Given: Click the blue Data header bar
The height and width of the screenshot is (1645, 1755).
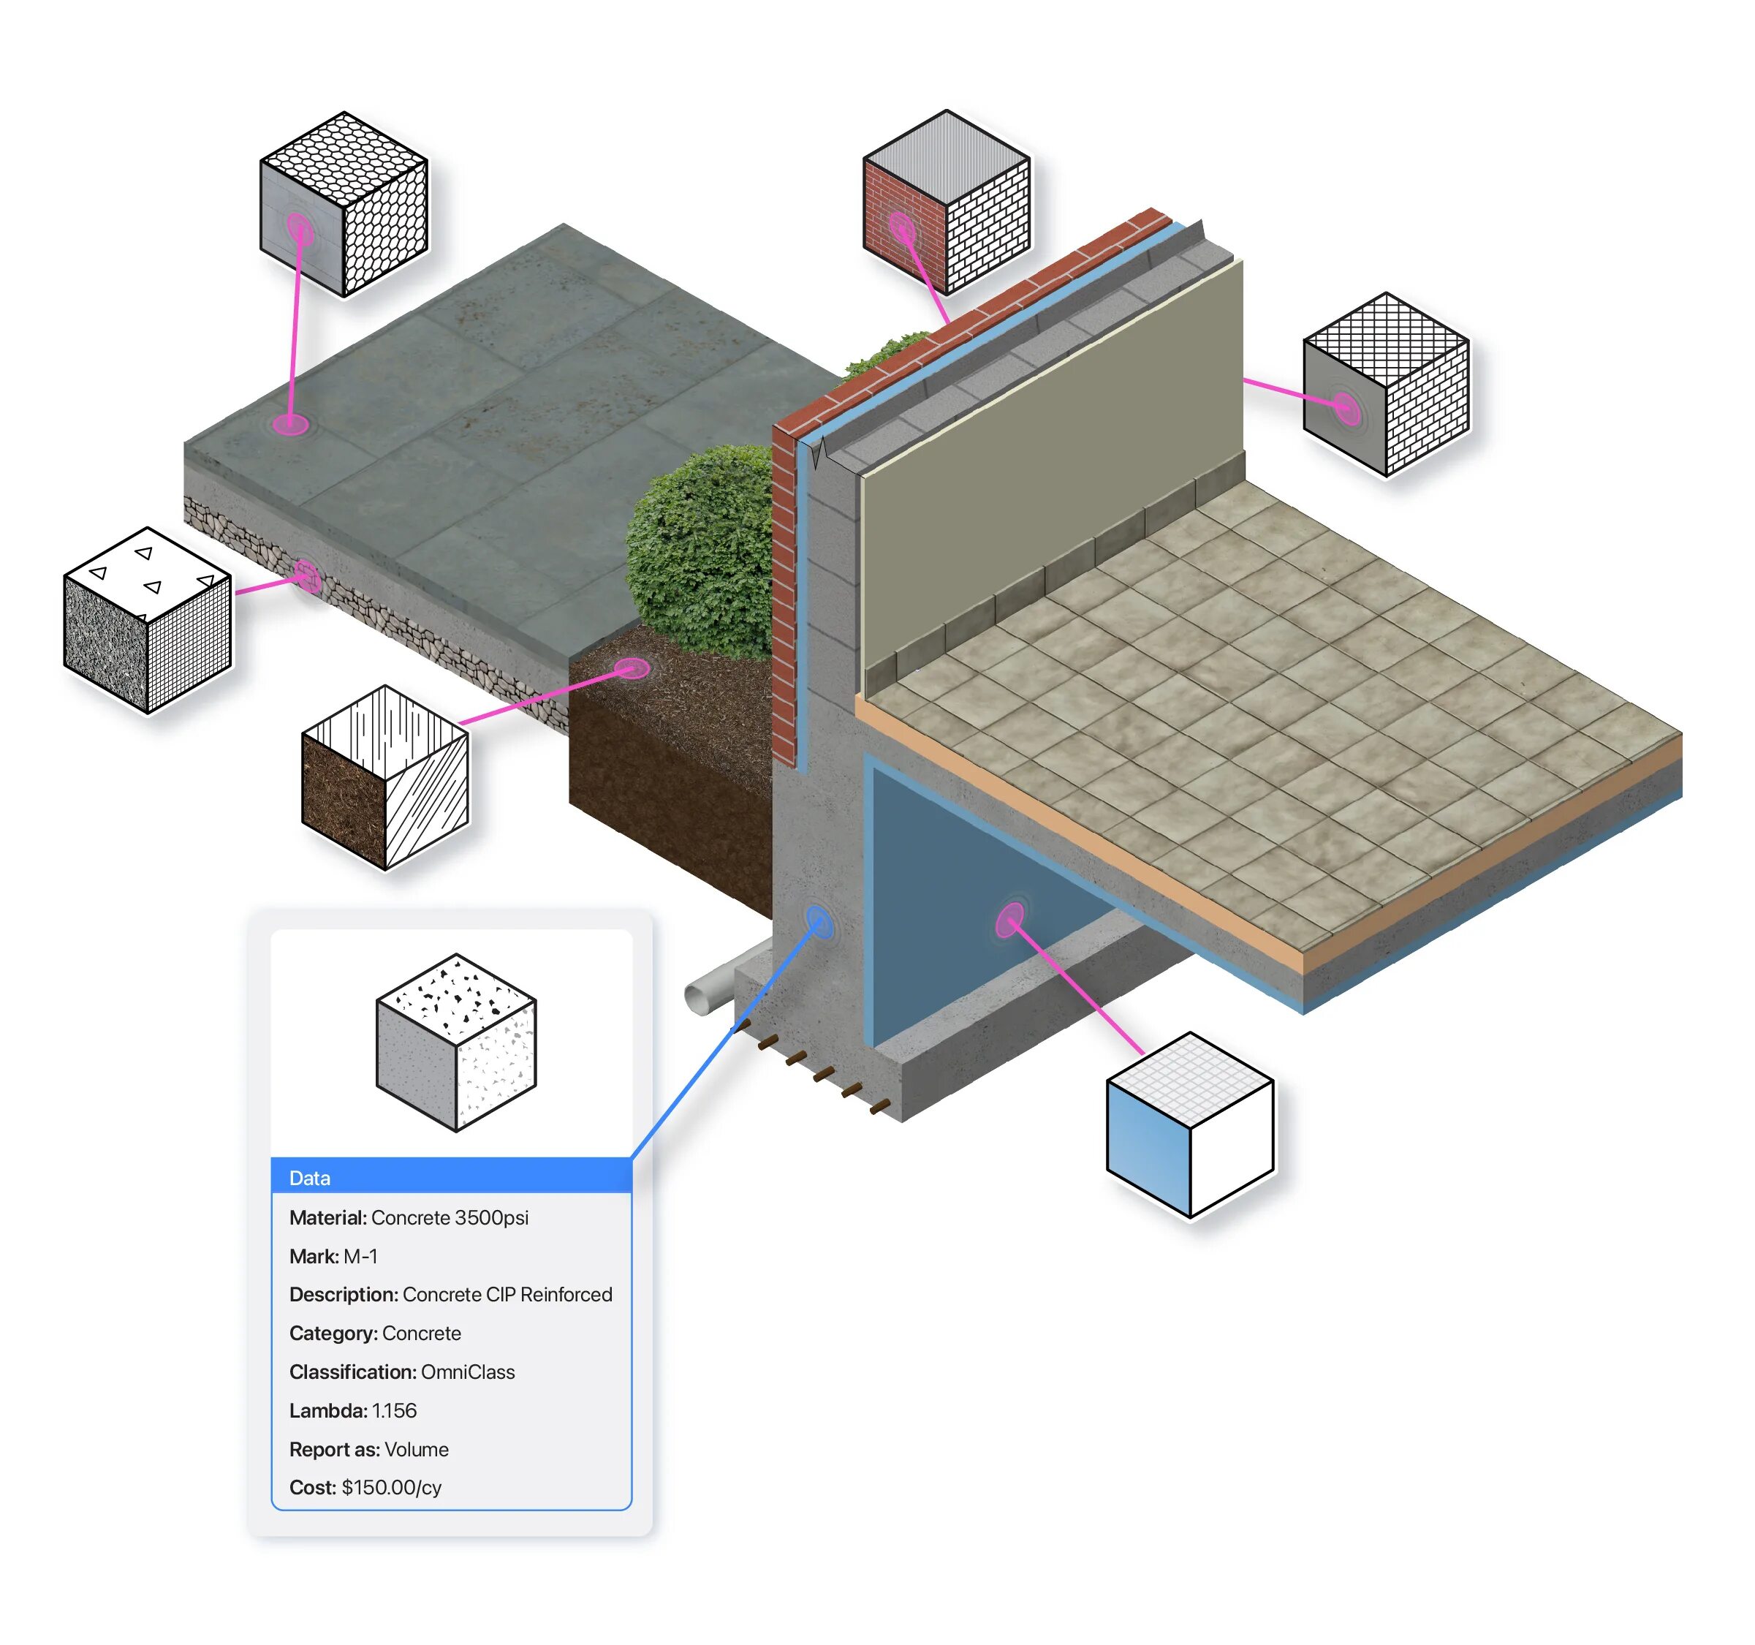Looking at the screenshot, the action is [x=450, y=1177].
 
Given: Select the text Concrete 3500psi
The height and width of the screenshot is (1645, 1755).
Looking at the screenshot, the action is [x=450, y=1217].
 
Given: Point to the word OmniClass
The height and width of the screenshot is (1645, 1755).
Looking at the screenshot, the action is [x=468, y=1372].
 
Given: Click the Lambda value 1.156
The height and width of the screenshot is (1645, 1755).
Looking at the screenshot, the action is [x=394, y=1411].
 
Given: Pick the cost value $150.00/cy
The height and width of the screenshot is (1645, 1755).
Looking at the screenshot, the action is [x=391, y=1488].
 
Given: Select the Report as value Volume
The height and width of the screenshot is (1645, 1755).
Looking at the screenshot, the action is [x=417, y=1450].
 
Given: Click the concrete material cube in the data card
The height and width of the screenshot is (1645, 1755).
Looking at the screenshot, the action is [x=455, y=1042].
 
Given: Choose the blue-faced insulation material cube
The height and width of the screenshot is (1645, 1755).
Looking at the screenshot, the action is [x=1189, y=1125].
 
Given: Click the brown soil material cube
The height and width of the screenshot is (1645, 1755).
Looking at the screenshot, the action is [x=385, y=777].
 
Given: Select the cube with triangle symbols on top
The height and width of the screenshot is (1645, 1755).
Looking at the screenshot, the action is [x=148, y=620].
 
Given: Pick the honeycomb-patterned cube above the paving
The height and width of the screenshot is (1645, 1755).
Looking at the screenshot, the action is [x=344, y=204].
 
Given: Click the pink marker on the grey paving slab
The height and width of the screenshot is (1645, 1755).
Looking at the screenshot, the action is [x=289, y=424].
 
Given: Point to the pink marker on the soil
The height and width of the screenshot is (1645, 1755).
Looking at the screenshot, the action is [x=632, y=668].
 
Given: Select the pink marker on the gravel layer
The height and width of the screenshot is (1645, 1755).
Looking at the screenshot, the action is [x=306, y=577].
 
